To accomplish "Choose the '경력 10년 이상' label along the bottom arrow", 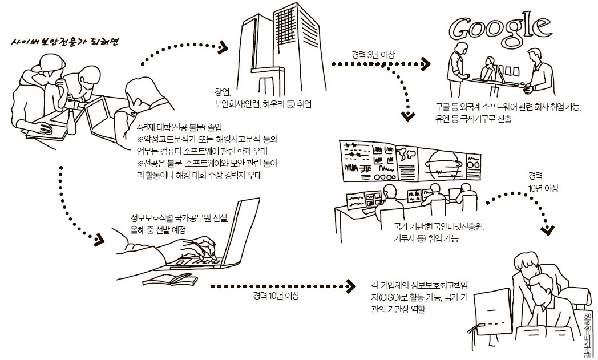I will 277,296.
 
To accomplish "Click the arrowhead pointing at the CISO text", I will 350,285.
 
